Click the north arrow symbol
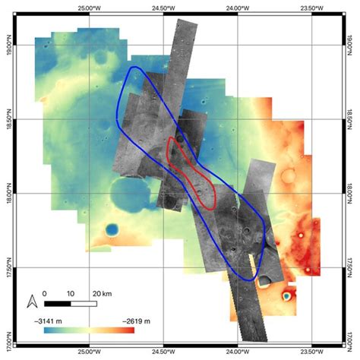coord(32,302)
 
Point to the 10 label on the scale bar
coord(70,292)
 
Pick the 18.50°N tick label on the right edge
coord(352,119)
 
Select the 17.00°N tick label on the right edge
coord(352,335)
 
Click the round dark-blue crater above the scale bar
coord(112,229)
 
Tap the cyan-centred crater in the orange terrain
coord(288,295)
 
